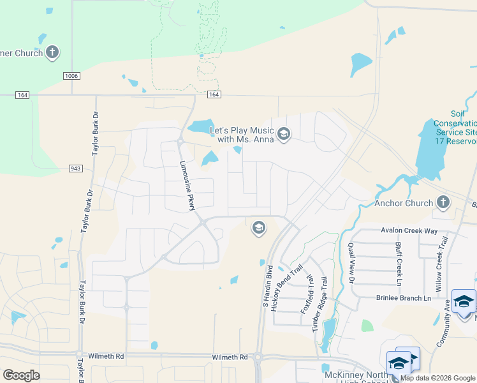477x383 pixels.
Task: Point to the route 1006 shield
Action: pyautogui.click(x=71, y=76)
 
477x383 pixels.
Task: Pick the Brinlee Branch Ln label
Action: pyautogui.click(x=404, y=298)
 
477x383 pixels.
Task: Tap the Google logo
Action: pyautogui.click(x=21, y=375)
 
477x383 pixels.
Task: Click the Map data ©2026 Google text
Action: pyautogui.click(x=437, y=378)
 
